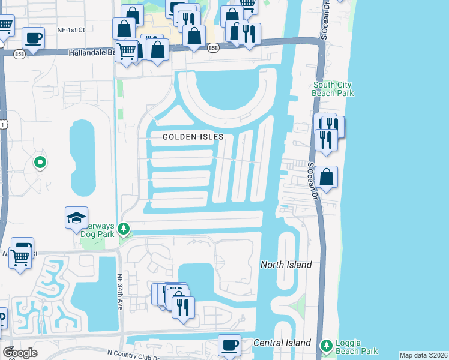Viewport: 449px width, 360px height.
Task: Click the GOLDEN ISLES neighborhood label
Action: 193,137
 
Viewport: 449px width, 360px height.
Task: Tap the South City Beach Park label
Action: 333,89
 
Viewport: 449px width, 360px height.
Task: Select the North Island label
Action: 286,265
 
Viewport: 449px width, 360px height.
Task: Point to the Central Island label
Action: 282,343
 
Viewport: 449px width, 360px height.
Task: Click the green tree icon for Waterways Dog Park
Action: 124,229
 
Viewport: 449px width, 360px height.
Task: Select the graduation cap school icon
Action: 77,218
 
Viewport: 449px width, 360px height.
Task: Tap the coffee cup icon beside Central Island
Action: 229,345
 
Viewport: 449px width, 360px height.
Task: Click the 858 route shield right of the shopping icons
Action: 212,47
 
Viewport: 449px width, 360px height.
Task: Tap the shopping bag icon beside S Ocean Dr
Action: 327,177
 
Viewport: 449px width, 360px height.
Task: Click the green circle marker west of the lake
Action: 40,162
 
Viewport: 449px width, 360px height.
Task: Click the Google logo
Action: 20,352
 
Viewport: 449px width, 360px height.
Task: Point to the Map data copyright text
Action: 423,355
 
